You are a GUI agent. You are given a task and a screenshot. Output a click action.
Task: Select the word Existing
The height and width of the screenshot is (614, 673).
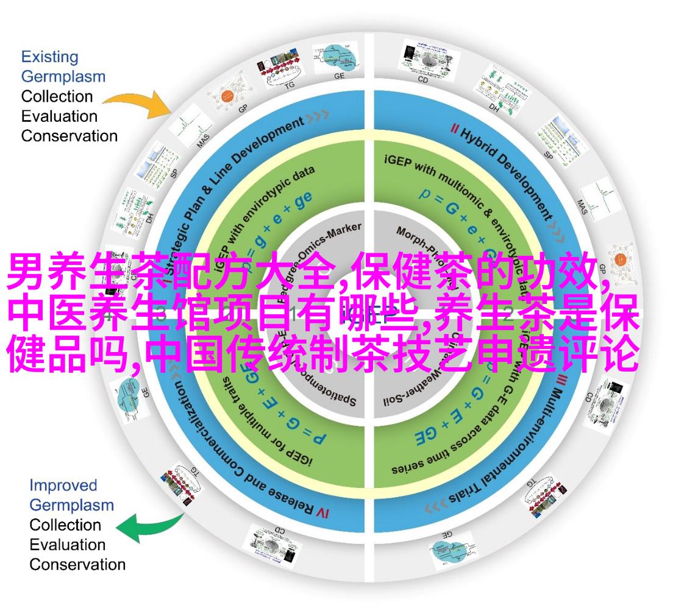coord(50,57)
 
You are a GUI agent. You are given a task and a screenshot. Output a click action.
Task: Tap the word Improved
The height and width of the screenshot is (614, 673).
coord(63,485)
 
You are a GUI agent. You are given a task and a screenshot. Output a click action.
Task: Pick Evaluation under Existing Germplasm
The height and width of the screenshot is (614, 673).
coord(59,116)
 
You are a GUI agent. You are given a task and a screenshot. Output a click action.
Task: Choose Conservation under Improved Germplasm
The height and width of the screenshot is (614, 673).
coord(77,564)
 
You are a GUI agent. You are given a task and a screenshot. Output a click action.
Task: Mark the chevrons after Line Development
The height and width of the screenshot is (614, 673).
coord(319,114)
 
